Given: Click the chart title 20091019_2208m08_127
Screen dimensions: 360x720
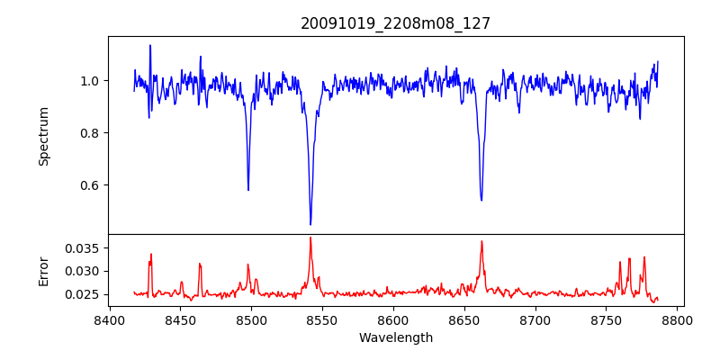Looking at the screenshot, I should tap(396, 23).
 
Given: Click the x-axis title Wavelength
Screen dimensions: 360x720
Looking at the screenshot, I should tap(396, 338).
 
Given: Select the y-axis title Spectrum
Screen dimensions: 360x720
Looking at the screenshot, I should tap(44, 136).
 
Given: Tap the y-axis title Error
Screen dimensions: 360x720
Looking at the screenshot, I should tap(44, 271).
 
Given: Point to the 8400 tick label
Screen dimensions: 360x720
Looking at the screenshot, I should tap(109, 320).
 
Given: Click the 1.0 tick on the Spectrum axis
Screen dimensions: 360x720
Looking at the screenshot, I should tap(88, 81).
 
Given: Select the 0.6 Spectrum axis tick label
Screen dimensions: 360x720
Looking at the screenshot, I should tap(88, 185).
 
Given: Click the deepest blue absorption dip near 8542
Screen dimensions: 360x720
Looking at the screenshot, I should tap(310, 224).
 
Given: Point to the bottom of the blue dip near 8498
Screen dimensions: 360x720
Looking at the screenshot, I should tap(248, 190).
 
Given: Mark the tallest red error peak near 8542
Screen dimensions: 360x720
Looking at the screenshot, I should tap(310, 238).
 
